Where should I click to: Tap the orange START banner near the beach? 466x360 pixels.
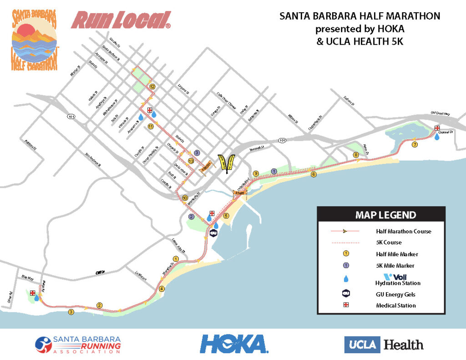tap(239, 193)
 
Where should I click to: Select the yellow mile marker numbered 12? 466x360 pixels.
tap(152, 86)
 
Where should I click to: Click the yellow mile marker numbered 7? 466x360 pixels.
tap(414, 145)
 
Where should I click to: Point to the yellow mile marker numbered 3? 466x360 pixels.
tap(71, 312)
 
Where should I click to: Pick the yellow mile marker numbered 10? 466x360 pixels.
tap(185, 198)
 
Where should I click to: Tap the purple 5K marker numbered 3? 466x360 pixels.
tap(197, 153)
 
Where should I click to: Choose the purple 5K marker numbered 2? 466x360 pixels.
tap(191, 217)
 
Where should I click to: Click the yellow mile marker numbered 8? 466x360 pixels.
tap(356, 155)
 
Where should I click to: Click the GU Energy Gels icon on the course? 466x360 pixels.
tap(213, 234)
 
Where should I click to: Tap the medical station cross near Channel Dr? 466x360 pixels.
tap(437, 128)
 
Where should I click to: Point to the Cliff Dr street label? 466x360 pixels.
tap(100, 272)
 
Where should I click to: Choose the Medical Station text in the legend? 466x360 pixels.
tap(395, 305)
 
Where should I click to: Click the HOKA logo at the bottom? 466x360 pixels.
tap(233, 344)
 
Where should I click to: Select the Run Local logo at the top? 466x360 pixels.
tap(121, 20)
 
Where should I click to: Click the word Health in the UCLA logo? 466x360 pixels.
tap(404, 345)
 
